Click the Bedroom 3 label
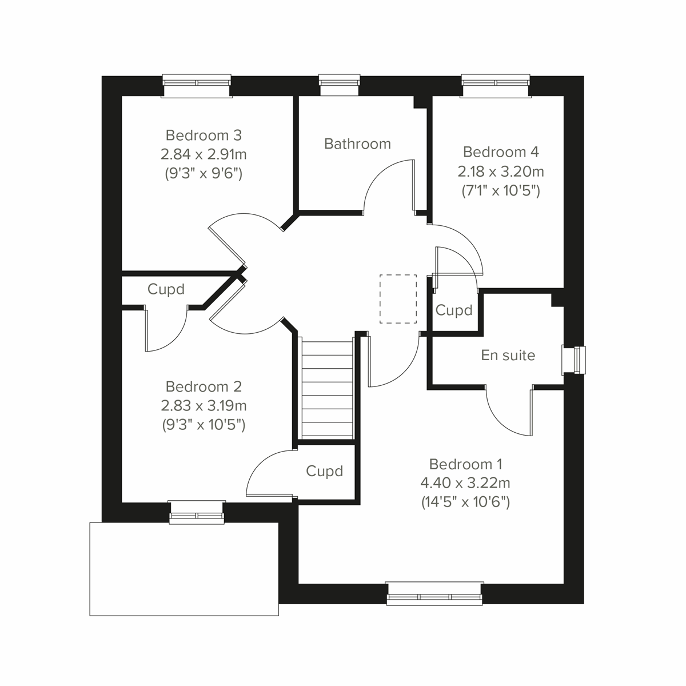click(204, 135)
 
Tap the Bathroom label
click(357, 143)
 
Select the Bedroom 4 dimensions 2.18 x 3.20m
click(500, 171)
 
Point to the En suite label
click(508, 355)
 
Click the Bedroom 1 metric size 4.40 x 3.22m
click(465, 483)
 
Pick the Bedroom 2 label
click(204, 386)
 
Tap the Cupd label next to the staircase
click(324, 471)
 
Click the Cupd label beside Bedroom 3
click(166, 289)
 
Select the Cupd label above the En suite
click(454, 310)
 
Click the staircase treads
click(327, 389)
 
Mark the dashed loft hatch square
click(398, 298)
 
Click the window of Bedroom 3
click(197, 84)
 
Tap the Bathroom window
click(340, 84)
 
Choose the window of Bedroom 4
click(496, 84)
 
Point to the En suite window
click(575, 360)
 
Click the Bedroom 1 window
click(434, 594)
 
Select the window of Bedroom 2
click(197, 512)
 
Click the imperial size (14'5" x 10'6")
click(465, 502)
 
